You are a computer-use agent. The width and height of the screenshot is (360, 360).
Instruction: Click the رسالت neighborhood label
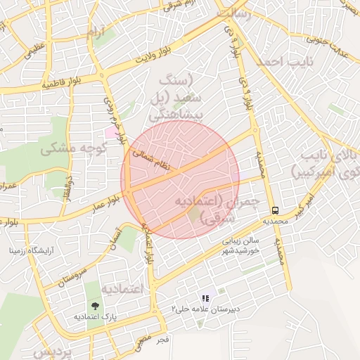[233, 15]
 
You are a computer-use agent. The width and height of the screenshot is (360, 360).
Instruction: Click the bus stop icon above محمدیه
[276, 210]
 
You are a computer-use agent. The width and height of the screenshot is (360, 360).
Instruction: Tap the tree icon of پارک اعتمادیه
[94, 305]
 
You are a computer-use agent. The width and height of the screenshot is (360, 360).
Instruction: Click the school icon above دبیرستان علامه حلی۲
[205, 299]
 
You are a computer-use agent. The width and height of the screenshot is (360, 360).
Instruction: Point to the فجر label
[162, 340]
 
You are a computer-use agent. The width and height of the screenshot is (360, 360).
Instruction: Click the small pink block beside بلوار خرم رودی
[111, 131]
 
